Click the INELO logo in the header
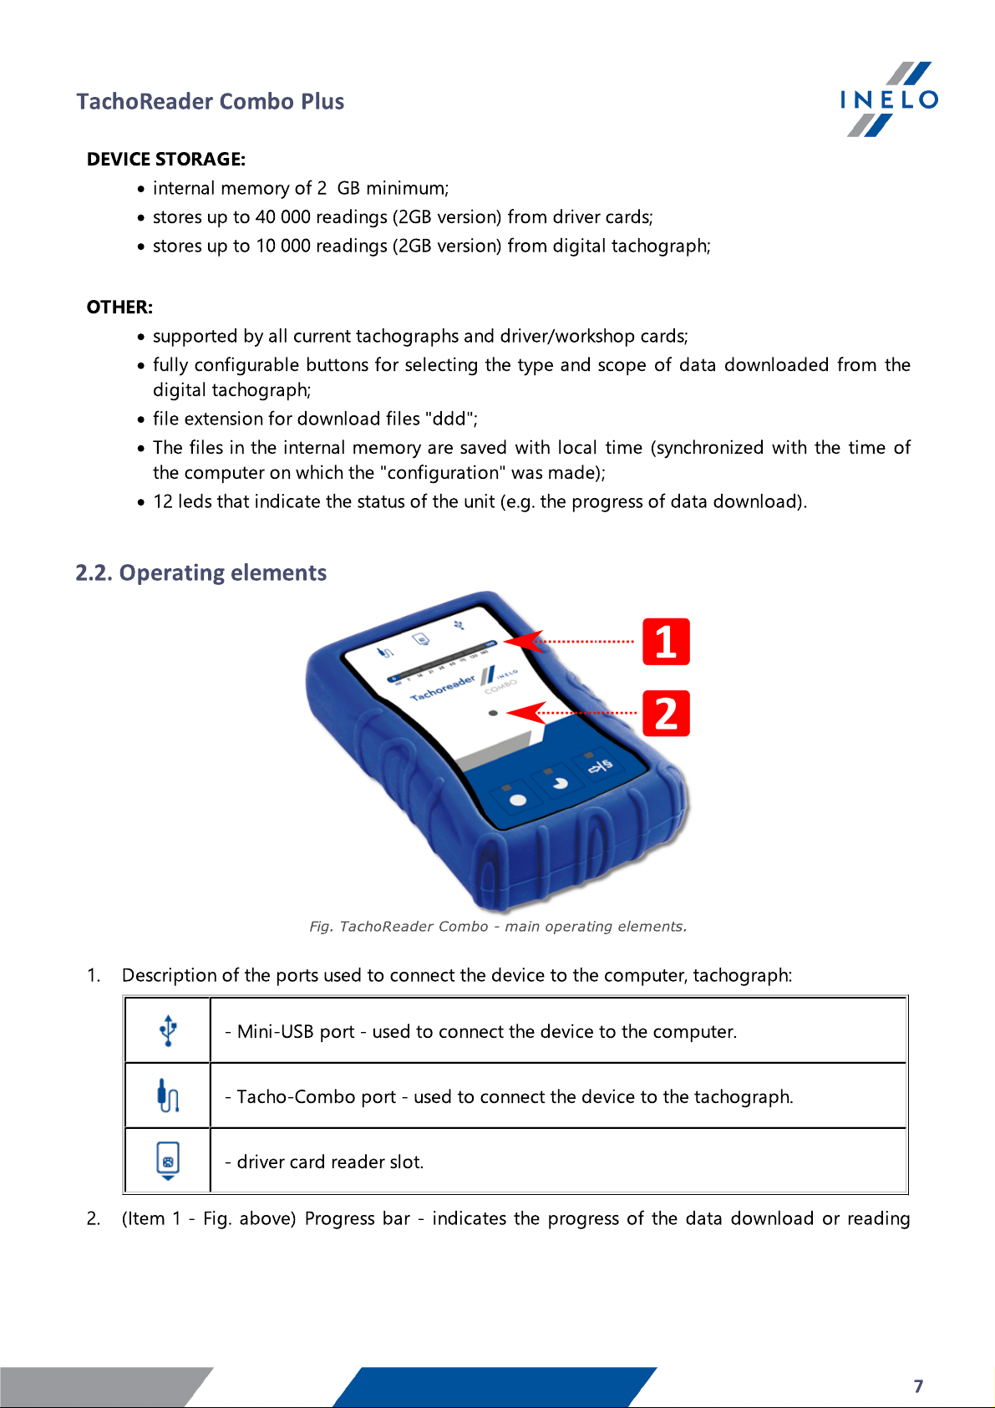click(x=889, y=99)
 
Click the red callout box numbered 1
click(x=666, y=642)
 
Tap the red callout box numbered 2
click(x=666, y=714)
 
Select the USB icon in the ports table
click(x=168, y=1030)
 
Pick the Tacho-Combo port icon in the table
click(x=168, y=1095)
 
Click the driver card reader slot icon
click(x=168, y=1161)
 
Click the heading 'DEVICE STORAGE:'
click(x=165, y=160)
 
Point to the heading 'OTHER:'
click(x=119, y=308)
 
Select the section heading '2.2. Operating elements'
click(x=201, y=573)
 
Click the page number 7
click(x=918, y=1386)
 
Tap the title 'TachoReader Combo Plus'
click(x=211, y=102)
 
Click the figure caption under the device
click(x=498, y=927)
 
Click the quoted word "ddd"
click(x=450, y=419)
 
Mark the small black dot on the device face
click(x=493, y=713)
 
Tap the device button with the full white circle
click(x=518, y=800)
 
